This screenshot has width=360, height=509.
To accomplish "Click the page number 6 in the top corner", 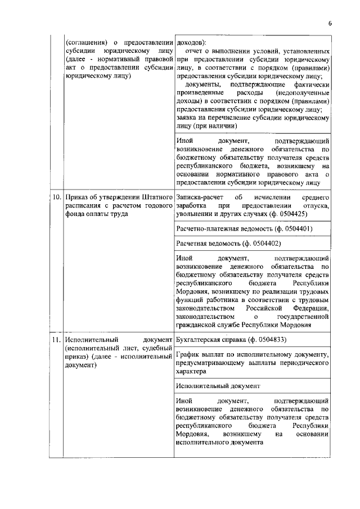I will pyautogui.click(x=330, y=23).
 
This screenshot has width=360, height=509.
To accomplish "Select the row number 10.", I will pyautogui.click(x=56, y=197).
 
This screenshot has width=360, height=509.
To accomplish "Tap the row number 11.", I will pyautogui.click(x=56, y=340).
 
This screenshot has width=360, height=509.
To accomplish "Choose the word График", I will pyautogui.click(x=188, y=355).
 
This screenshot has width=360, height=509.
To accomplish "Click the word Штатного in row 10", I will pyautogui.click(x=155, y=197).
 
